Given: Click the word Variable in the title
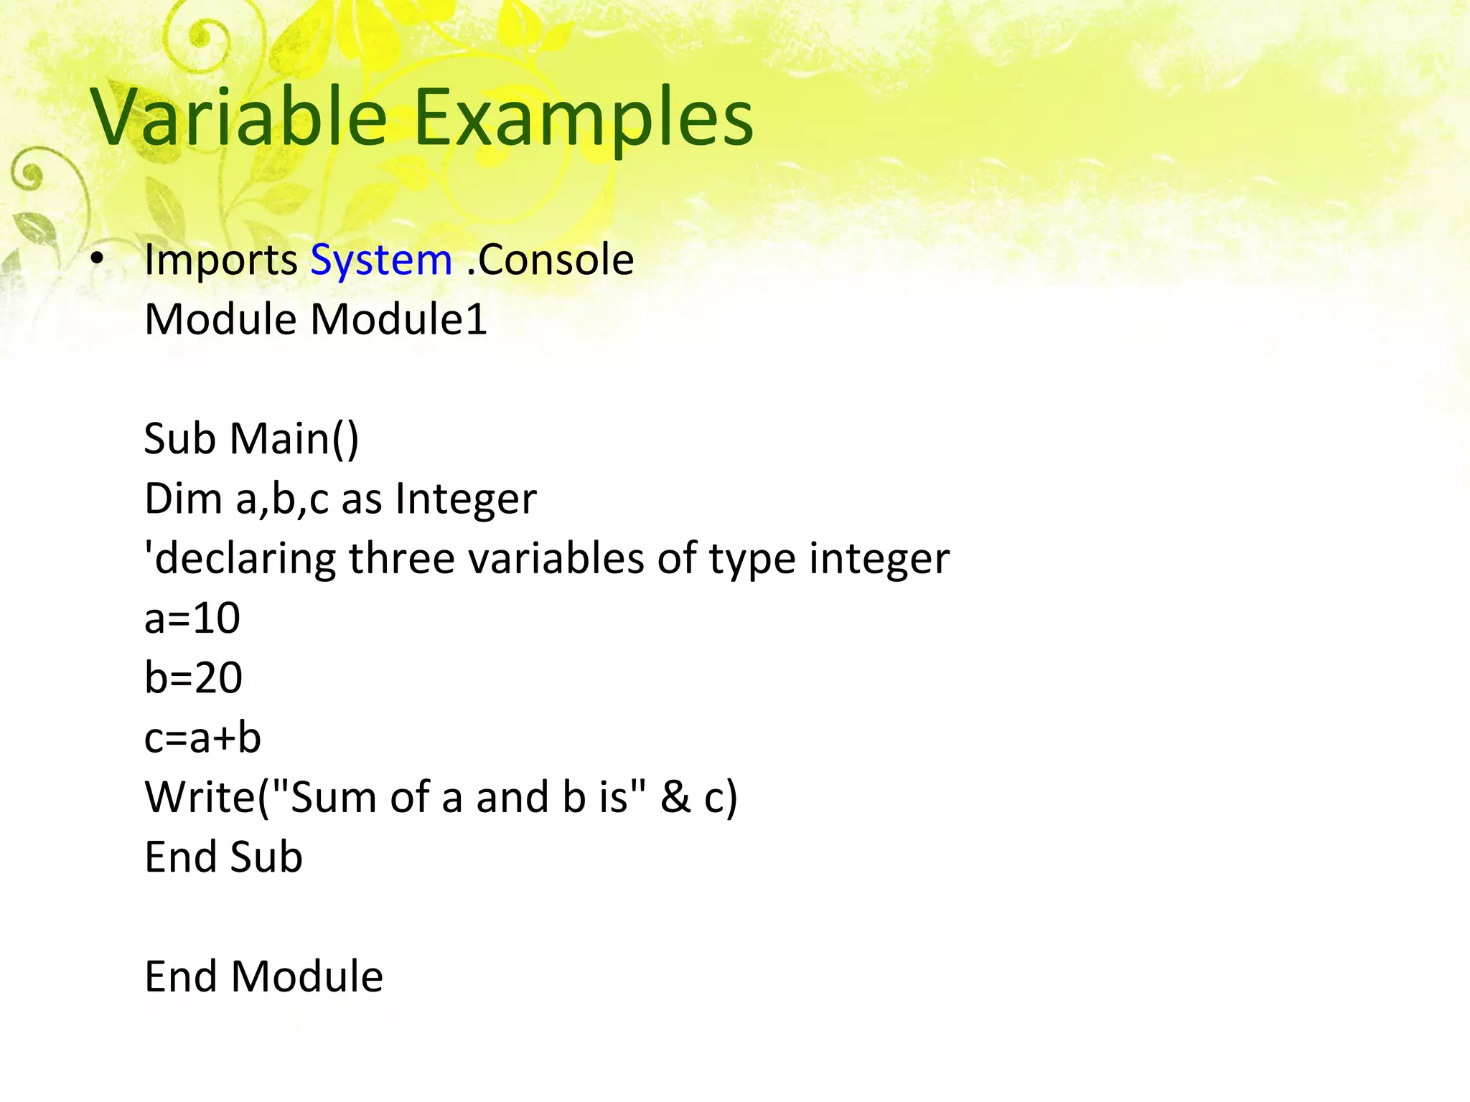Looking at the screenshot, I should pos(239,116).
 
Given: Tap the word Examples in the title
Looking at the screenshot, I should pos(583,116).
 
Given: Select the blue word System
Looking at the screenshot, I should pos(381,260).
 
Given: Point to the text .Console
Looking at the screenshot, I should pos(550,260).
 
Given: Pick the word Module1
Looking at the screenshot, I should pos(398,319).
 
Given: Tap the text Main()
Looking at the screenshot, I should pos(294,438).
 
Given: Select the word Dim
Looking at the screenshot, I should pos(184,499).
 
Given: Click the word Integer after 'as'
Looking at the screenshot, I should pos(466,499).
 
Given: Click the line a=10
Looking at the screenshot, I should pos(192,618).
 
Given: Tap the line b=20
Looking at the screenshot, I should pos(193,678).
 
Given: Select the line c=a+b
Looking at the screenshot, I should pos(202,738).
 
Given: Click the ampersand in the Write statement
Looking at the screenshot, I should pos(675,797).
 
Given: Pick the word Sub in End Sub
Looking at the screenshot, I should pos(266,857).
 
